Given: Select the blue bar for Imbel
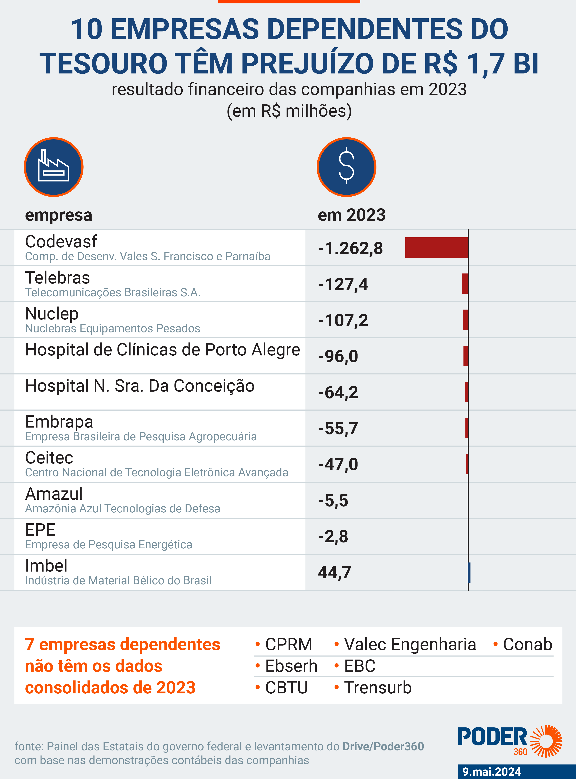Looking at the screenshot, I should pyautogui.click(x=469, y=572).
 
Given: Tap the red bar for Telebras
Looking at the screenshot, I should pyautogui.click(x=465, y=284).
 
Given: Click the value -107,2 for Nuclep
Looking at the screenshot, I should pyautogui.click(x=343, y=320).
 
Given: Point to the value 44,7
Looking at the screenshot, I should pyautogui.click(x=334, y=572).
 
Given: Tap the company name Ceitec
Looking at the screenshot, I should pyautogui.click(x=49, y=458).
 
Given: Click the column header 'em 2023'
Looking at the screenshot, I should pyautogui.click(x=351, y=215).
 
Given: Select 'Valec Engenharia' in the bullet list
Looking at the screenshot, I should pyautogui.click(x=410, y=644).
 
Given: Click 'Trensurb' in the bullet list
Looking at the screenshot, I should pyautogui.click(x=378, y=688).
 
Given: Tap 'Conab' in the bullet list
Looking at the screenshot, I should pyautogui.click(x=527, y=644).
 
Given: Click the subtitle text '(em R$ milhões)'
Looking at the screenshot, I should pyautogui.click(x=289, y=111).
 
